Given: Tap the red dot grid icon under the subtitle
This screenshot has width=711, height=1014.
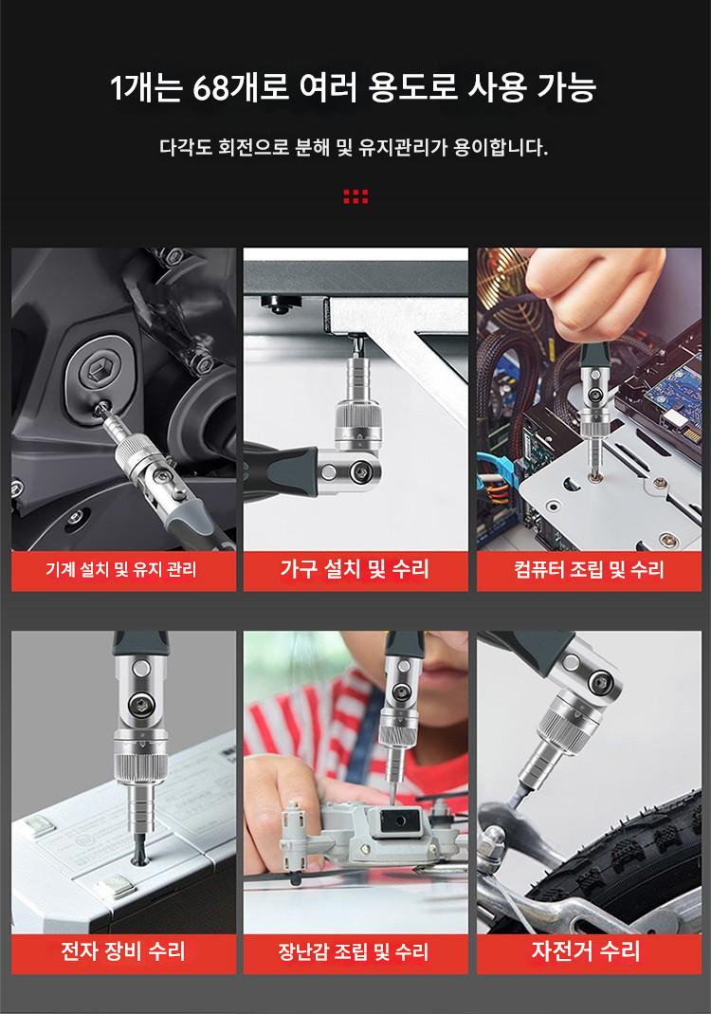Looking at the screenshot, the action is pyautogui.click(x=355, y=196).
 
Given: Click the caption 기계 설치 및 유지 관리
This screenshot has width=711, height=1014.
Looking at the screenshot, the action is pyautogui.click(x=121, y=570).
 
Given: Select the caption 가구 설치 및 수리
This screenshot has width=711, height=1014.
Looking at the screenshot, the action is pyautogui.click(x=355, y=569).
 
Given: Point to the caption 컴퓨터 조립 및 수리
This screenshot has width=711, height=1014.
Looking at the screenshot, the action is pyautogui.click(x=589, y=570).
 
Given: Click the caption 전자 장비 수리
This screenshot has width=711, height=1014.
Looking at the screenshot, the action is pyautogui.click(x=123, y=950).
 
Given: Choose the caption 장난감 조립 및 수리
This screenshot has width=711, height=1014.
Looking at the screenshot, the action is pyautogui.click(x=354, y=951).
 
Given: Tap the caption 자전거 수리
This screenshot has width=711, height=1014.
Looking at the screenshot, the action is pyautogui.click(x=586, y=950).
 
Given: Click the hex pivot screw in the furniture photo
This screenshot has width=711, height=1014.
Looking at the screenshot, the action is pyautogui.click(x=358, y=473).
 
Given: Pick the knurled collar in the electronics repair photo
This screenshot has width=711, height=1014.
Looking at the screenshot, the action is pyautogui.click(x=140, y=753).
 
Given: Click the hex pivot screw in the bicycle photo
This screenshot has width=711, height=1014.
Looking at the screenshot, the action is pyautogui.click(x=600, y=682).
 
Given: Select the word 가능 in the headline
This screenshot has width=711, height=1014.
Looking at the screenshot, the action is pyautogui.click(x=567, y=87).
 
